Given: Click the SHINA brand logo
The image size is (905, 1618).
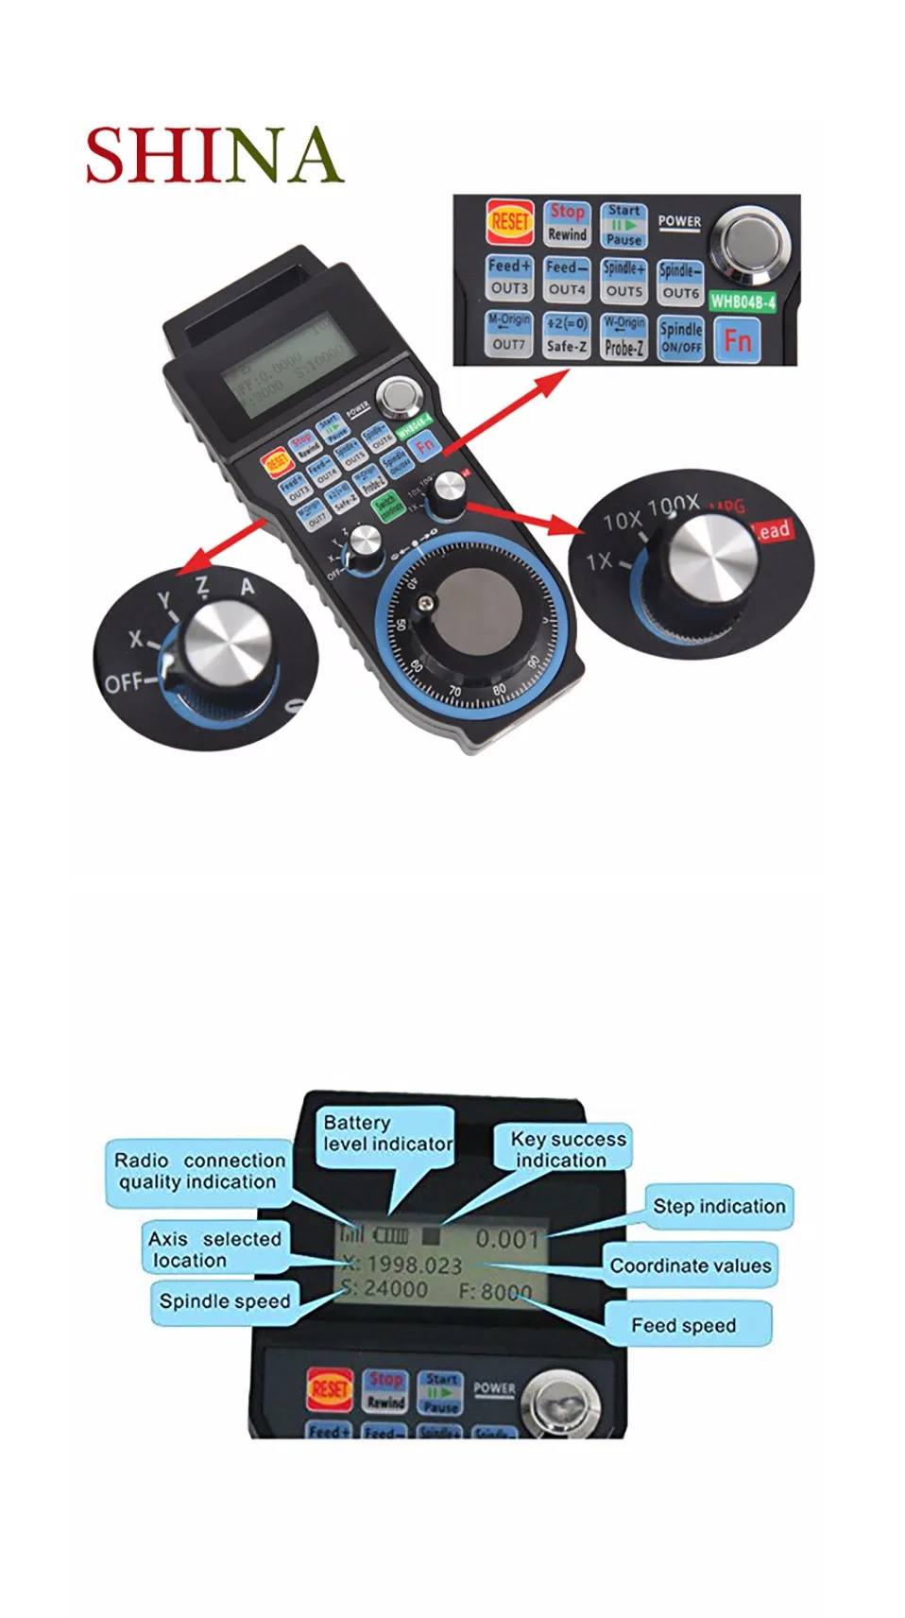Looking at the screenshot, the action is tap(213, 156).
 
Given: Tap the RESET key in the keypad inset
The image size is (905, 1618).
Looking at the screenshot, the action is tap(510, 222).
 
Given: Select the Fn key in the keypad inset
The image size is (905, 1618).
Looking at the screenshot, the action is tap(738, 340).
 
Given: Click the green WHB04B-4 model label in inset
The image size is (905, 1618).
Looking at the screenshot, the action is tap(743, 301).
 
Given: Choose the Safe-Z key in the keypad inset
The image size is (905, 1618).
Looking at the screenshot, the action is tap(567, 336).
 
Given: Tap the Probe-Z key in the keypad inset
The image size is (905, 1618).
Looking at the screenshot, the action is tap(623, 336).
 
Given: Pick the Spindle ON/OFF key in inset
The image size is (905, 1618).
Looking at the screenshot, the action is tap(681, 336).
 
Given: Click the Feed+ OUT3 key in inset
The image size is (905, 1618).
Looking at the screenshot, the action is tap(510, 278).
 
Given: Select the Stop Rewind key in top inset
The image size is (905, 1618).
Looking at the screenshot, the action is tap(567, 223).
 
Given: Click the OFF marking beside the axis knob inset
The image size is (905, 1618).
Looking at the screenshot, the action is tap(123, 681).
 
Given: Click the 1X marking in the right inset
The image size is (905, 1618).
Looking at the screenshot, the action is tap(599, 561).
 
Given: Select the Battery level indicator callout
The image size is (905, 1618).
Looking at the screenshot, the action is tap(386, 1133).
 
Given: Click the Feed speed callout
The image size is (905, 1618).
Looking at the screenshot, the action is tap(684, 1325).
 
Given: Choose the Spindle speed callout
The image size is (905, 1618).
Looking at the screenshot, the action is tap(225, 1301).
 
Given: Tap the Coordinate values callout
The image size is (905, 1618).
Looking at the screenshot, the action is tap(691, 1265).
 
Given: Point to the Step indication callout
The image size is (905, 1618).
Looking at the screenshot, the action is tap(719, 1206).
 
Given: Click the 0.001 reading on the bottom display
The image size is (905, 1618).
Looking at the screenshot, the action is tap(507, 1238).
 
